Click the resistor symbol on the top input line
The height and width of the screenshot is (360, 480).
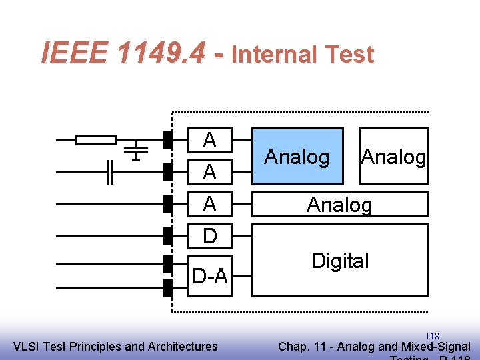pos(96,140)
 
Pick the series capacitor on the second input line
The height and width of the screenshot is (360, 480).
pos(111,172)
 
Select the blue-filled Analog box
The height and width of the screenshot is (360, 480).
pos(297,156)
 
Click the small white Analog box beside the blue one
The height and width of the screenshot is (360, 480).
pos(393,156)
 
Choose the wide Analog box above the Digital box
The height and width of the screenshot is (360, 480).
pos(340,204)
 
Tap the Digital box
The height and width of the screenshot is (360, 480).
pos(340,261)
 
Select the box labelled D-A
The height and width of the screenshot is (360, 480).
pos(209,275)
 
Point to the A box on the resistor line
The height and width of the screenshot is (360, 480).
pos(209,140)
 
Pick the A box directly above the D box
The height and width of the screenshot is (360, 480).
pos(209,204)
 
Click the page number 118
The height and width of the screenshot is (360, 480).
pos(432,336)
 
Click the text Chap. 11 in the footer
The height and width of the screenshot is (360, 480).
pos(301,347)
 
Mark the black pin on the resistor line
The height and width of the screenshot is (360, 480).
pos(168,140)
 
